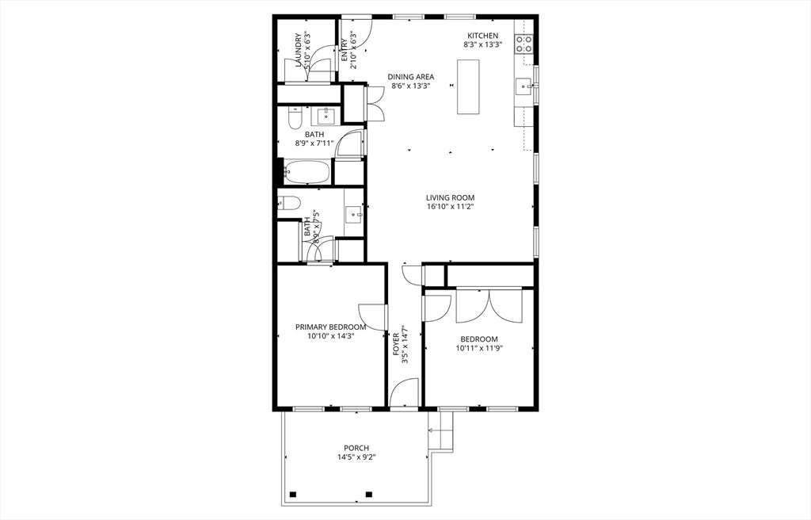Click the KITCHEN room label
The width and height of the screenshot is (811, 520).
click(x=482, y=36)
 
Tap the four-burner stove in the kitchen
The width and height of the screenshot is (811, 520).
click(x=524, y=44)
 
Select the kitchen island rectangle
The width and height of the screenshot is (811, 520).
click(x=468, y=86)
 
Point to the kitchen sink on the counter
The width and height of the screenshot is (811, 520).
click(x=524, y=86)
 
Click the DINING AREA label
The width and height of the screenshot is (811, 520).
click(x=411, y=77)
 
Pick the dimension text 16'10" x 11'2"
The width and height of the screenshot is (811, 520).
click(x=450, y=207)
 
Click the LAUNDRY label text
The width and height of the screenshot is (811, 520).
click(x=299, y=50)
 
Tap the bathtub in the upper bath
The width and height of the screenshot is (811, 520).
click(x=307, y=171)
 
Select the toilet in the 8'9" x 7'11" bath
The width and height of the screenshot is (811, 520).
click(x=294, y=119)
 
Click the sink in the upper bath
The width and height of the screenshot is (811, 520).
click(x=326, y=117)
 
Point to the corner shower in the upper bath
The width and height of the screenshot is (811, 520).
click(x=350, y=143)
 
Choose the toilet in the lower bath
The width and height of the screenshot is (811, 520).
click(x=289, y=203)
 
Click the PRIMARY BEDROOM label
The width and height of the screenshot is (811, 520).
click(x=330, y=327)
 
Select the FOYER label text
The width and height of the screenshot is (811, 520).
click(x=397, y=343)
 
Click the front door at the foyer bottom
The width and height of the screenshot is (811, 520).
click(x=404, y=393)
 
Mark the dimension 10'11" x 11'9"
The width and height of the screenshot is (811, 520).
click(x=479, y=347)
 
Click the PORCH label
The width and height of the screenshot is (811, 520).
click(x=356, y=448)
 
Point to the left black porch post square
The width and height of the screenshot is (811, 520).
click(x=292, y=495)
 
